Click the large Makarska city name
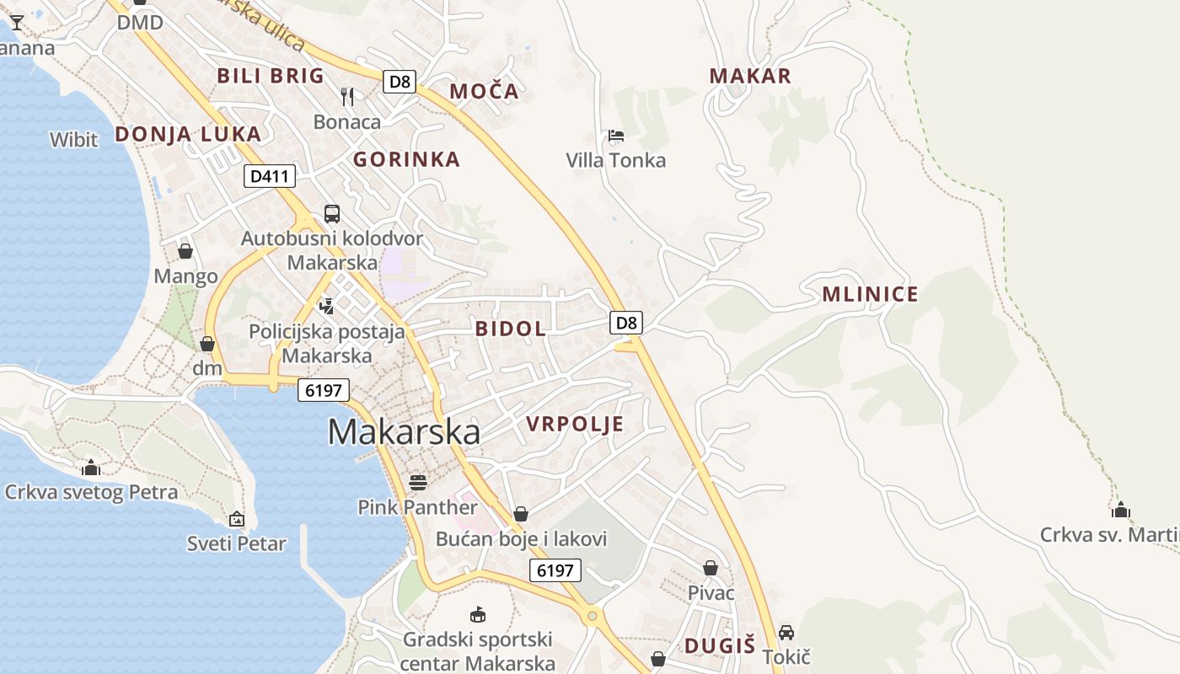(404, 431)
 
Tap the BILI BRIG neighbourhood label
(271, 76)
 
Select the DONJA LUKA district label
(188, 134)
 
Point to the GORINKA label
(406, 159)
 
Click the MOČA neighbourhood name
(484, 92)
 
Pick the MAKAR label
(750, 76)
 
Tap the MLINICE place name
(870, 295)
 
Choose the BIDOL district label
(511, 329)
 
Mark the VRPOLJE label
(575, 424)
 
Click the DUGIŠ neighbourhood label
(719, 646)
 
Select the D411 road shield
(270, 177)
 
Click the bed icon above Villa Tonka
(615, 136)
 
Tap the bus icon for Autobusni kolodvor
(332, 214)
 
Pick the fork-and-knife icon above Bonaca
(347, 96)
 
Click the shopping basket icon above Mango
(185, 251)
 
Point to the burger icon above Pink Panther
(418, 483)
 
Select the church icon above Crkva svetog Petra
(91, 468)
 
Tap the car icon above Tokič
(786, 632)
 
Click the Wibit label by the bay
(74, 140)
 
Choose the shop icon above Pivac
(711, 568)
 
